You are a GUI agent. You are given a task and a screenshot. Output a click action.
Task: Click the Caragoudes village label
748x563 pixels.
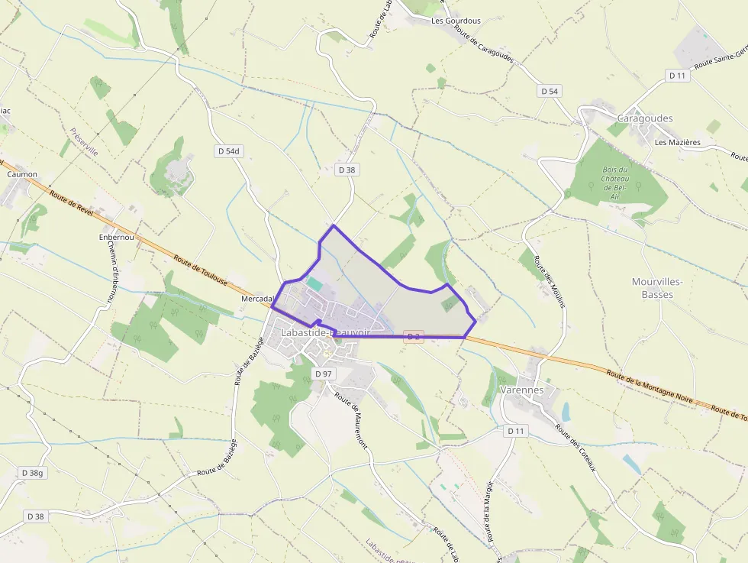tap(644, 118)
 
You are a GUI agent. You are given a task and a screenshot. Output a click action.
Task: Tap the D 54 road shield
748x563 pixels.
tap(550, 91)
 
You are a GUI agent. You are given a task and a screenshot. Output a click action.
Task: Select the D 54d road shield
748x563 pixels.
tap(228, 151)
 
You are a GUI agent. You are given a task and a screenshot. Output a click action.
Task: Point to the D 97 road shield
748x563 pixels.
tap(324, 374)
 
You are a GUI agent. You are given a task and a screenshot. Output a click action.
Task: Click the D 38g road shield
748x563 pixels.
tap(33, 473)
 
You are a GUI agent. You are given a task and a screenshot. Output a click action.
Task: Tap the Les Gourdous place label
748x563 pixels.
tap(456, 21)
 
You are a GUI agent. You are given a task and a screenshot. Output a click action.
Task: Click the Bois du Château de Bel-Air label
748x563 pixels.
tap(614, 183)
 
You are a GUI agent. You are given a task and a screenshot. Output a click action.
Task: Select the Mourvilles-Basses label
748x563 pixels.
tap(656, 287)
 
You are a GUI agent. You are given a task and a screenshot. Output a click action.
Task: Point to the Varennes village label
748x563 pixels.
tap(522, 390)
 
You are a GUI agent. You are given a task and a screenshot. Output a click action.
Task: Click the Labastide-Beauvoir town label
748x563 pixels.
tap(325, 332)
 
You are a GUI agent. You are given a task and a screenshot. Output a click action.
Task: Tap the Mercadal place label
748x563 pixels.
tap(257, 298)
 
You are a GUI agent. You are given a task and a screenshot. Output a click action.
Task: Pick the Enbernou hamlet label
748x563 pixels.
tap(116, 237)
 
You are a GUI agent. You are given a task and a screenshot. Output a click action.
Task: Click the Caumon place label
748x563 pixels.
tap(22, 174)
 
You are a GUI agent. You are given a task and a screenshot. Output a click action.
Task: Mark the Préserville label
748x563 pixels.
tap(84, 142)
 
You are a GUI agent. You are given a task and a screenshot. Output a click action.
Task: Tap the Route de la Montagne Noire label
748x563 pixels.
tap(650, 387)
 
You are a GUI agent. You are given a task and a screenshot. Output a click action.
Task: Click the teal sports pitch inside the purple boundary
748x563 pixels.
tap(314, 283)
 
